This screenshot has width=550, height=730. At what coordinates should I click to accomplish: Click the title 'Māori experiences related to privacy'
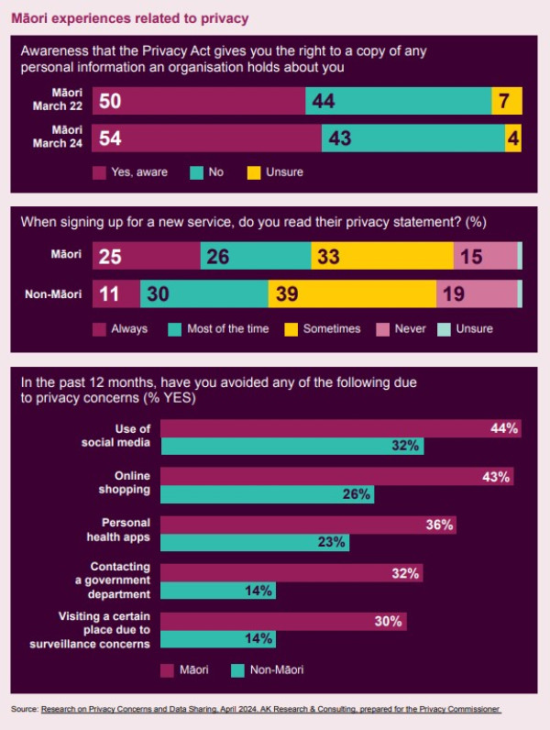pos(129,17)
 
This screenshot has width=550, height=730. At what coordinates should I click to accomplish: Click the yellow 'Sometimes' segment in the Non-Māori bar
pos(352,293)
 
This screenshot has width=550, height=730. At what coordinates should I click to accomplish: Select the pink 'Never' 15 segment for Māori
pos(485,256)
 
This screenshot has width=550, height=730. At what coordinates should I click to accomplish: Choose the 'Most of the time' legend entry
pos(219,328)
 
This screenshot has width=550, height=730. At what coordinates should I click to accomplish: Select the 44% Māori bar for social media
pos(341,428)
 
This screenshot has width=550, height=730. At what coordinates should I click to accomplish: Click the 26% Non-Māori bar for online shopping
pos(268,494)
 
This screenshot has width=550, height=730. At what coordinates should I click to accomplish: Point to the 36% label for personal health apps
pos(439,525)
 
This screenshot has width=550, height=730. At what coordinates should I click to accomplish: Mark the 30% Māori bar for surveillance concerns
pos(283,622)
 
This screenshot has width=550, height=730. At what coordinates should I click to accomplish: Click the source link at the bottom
pos(271,710)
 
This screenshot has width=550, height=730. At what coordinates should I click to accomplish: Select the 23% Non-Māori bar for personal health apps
pos(255,542)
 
